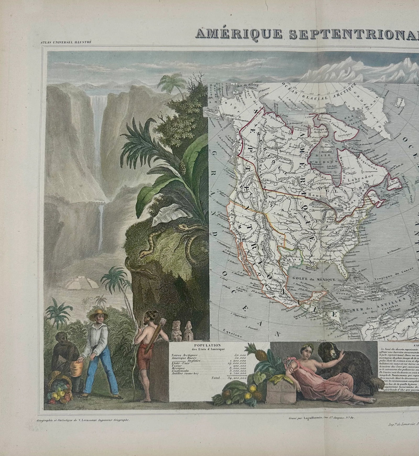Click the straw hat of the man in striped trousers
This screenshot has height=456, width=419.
click(x=98, y=315)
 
